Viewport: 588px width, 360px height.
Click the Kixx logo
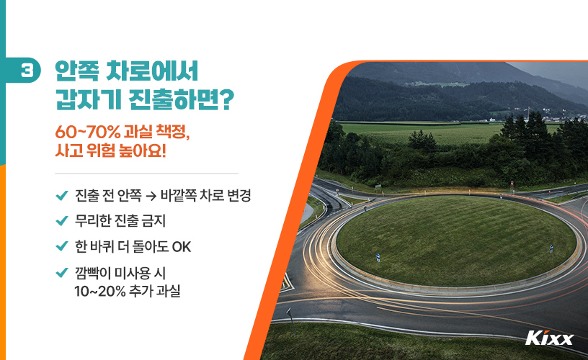[549, 338]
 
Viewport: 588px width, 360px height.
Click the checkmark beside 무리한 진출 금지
[61, 221]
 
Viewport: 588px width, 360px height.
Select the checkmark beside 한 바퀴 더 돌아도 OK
[61, 246]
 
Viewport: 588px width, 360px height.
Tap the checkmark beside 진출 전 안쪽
[61, 196]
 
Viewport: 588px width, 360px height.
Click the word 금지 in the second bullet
[164, 221]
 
